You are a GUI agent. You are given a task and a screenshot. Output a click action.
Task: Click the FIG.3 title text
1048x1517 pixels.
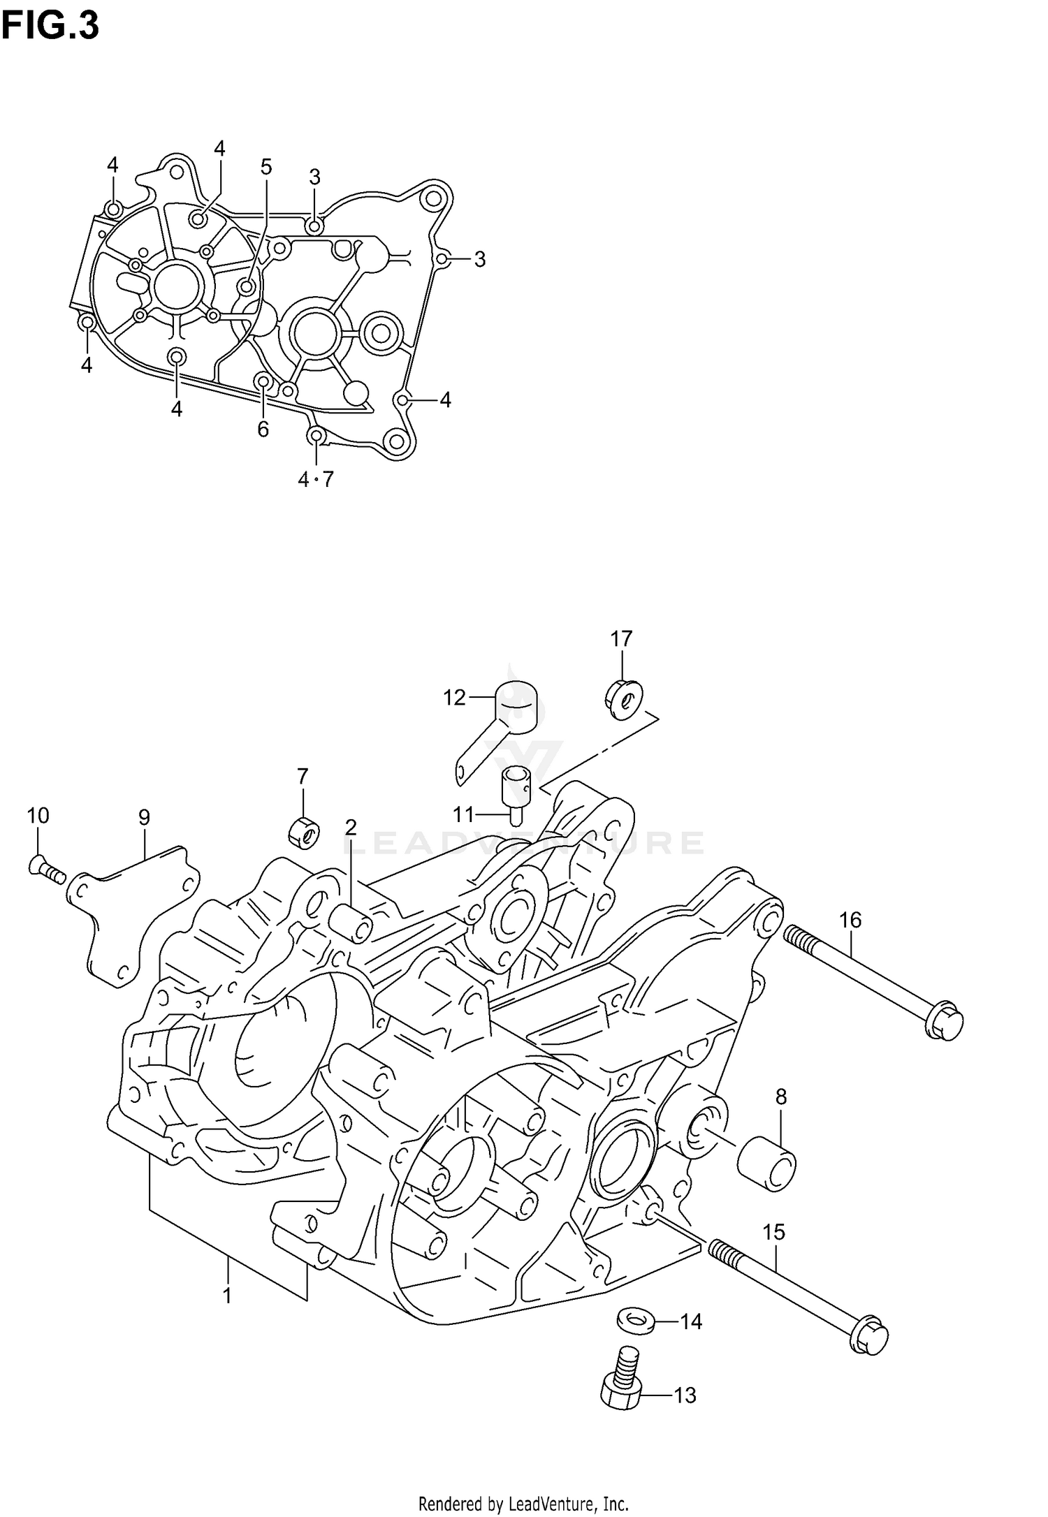pyautogui.click(x=50, y=27)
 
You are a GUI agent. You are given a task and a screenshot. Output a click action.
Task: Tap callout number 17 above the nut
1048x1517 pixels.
pyautogui.click(x=621, y=638)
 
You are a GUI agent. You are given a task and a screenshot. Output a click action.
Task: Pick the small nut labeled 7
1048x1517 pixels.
pyautogui.click(x=304, y=831)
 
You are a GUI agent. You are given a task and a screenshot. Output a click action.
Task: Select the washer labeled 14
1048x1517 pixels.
pyautogui.click(x=636, y=1321)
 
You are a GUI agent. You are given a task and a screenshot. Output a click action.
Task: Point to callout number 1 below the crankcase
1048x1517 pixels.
pyautogui.click(x=227, y=1296)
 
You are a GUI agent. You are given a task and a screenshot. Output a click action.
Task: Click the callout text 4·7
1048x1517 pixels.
pyautogui.click(x=316, y=479)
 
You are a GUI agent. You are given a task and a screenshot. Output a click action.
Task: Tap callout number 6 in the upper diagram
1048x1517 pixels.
pyautogui.click(x=263, y=429)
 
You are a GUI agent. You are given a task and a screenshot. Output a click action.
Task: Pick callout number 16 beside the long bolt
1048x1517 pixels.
pyautogui.click(x=850, y=920)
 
